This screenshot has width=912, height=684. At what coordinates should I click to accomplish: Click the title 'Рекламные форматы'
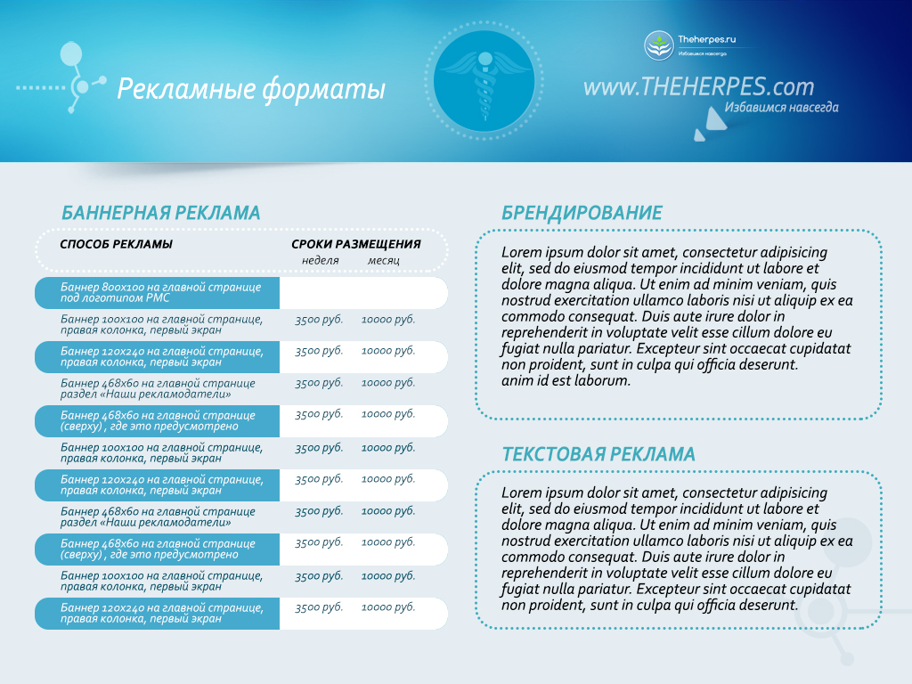[251, 89]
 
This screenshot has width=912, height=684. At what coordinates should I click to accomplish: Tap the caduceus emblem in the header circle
[484, 80]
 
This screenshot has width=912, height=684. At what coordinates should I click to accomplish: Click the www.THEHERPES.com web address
[698, 86]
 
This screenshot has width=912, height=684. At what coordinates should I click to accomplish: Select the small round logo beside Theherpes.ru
[659, 45]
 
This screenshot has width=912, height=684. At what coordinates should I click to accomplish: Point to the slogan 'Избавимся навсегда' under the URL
[781, 108]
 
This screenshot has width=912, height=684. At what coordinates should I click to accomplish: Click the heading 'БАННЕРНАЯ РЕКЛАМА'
[160, 213]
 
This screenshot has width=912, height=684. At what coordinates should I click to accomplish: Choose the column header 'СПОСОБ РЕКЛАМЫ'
[116, 244]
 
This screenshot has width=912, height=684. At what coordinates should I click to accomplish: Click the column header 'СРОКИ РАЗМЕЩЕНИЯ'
[355, 244]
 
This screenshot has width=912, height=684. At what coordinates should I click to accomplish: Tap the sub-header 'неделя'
[320, 260]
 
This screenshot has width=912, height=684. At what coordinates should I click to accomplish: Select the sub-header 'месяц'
[384, 260]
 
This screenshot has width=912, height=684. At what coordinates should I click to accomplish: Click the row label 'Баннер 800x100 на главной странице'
[160, 288]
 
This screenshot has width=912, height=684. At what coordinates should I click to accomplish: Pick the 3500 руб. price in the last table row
[319, 607]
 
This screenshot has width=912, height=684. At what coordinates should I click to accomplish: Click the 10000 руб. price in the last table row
[388, 607]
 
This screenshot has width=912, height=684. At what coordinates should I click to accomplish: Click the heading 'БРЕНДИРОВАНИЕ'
[582, 213]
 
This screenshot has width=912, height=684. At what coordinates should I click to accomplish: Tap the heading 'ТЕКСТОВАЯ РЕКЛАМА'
[598, 454]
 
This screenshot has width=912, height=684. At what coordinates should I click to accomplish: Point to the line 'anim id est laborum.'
[566, 380]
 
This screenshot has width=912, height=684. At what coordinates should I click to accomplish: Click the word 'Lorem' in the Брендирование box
[520, 252]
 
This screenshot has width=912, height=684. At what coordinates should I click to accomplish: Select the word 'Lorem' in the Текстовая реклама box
[520, 493]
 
